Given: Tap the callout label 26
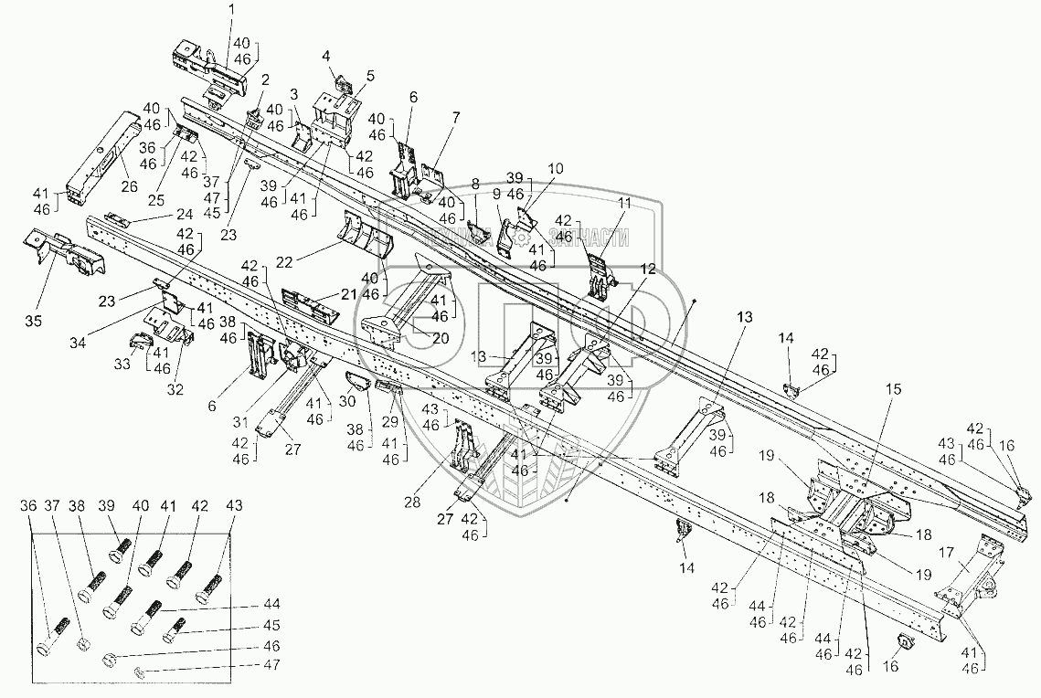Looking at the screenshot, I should click(x=128, y=187).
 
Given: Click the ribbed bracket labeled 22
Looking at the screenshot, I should click(x=366, y=233).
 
